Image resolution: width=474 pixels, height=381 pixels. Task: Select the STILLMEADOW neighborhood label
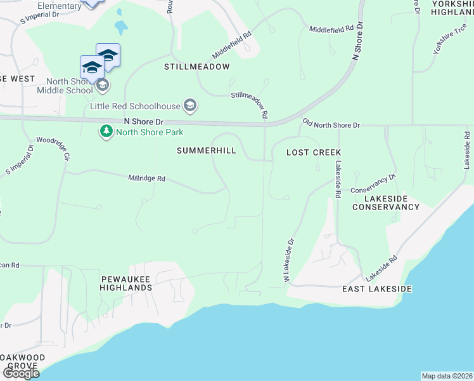click(196, 66)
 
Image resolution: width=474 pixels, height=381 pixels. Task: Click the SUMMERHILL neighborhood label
click(206, 150)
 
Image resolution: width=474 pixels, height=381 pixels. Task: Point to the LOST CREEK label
click(314, 152)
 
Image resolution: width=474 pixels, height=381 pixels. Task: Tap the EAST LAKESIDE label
click(377, 289)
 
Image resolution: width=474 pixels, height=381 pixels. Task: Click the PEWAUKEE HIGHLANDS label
click(126, 283)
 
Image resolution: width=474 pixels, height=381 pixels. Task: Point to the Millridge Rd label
click(146, 179)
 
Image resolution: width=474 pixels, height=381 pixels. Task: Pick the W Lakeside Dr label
click(289, 260)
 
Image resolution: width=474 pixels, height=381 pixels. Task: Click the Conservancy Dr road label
click(373, 185)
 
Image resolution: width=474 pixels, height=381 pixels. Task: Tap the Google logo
click(21, 373)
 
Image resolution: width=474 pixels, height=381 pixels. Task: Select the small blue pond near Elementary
click(120, 28)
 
